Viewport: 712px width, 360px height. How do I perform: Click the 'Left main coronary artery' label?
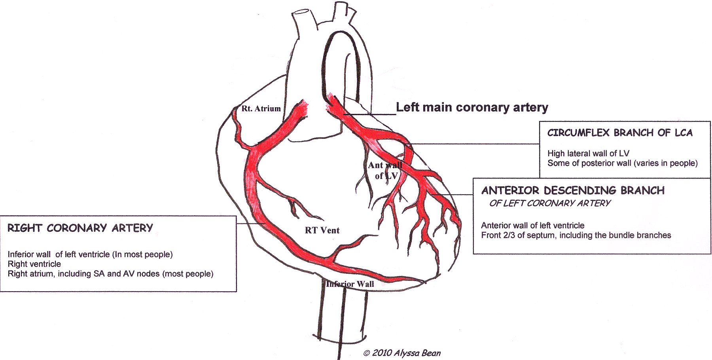(x=472, y=108)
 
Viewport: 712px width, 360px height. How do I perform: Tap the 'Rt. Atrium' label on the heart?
(x=261, y=108)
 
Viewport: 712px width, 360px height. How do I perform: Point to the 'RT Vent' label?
(x=322, y=230)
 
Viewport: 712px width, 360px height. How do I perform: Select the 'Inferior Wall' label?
(x=350, y=284)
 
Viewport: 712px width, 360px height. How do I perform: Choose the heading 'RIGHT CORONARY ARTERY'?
(x=80, y=228)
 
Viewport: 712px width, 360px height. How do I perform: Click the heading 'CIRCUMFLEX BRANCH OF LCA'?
(x=620, y=133)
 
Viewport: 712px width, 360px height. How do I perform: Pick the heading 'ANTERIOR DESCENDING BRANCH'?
(x=573, y=191)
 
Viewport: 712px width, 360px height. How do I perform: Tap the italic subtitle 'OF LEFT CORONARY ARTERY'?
(x=550, y=203)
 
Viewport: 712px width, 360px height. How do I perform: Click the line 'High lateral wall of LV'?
(x=588, y=153)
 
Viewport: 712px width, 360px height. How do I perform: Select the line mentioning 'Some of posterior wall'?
(x=622, y=163)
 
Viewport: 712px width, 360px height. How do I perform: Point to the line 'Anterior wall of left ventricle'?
(x=532, y=225)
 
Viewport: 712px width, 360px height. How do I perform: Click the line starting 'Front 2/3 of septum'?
(x=576, y=235)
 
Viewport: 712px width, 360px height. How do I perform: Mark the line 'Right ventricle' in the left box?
(x=34, y=264)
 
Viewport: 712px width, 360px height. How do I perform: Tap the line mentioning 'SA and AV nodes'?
(x=110, y=274)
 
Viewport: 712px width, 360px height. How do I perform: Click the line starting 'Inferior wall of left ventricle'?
(x=90, y=254)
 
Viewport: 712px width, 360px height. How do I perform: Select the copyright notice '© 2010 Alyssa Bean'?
(x=402, y=353)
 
